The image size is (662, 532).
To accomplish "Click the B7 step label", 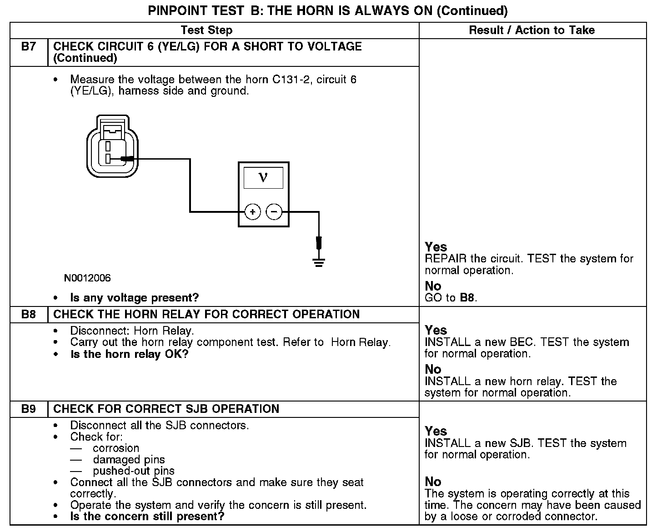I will click(28, 47).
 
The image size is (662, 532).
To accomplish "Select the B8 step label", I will click(28, 315).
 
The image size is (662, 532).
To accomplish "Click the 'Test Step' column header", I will click(206, 30).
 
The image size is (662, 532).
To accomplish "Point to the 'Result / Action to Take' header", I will click(532, 30).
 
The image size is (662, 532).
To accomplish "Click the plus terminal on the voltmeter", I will click(252, 212).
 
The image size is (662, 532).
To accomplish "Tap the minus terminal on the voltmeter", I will click(274, 212).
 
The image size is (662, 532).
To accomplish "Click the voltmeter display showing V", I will click(263, 177).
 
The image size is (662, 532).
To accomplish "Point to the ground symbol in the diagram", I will click(319, 261).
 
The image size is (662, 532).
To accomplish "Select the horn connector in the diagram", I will click(112, 146).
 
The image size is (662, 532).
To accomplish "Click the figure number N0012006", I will click(87, 278).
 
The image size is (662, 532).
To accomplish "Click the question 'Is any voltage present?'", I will click(135, 298).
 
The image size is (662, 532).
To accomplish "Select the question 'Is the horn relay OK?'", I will click(129, 354).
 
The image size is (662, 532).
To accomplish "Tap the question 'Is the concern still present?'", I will click(147, 517).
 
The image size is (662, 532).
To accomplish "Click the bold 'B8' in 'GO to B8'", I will click(467, 298).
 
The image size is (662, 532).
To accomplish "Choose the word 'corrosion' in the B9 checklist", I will click(116, 448).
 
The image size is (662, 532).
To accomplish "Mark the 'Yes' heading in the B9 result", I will click(436, 431).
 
